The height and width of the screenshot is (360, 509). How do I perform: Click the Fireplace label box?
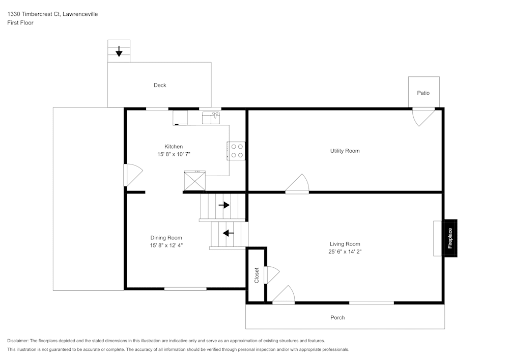pos(449,238)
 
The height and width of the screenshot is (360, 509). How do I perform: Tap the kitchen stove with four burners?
pos(236,151)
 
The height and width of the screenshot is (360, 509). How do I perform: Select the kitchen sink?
pos(211,119)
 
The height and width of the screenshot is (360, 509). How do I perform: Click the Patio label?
pos(423,93)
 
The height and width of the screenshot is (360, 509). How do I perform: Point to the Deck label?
pos(160,85)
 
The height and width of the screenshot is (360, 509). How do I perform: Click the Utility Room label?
pos(345,151)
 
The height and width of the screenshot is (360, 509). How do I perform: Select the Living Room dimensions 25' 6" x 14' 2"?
pos(345,252)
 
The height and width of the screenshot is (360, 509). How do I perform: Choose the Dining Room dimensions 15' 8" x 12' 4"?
pos(166,245)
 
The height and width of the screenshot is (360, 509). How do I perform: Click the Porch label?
pos(337,317)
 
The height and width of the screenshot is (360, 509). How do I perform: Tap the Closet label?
pos(257,275)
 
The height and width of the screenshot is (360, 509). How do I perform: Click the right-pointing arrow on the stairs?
pos(224,205)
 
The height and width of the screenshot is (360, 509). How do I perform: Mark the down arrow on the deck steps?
pos(119,51)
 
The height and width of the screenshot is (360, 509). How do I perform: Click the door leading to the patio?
pos(423,116)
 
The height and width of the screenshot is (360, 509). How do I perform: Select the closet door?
pos(271,275)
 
